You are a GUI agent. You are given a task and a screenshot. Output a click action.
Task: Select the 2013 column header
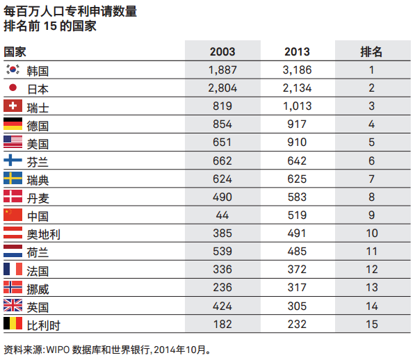(298, 51)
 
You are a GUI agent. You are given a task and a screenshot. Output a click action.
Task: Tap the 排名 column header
(371, 51)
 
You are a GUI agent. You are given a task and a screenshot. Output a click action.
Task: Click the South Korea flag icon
(13, 69)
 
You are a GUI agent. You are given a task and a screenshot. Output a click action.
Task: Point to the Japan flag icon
(13, 88)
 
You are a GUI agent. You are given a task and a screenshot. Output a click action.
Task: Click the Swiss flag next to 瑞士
(13, 106)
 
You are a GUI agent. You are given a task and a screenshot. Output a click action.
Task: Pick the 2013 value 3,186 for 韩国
(298, 69)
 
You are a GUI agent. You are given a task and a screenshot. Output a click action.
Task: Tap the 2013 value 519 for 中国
(298, 215)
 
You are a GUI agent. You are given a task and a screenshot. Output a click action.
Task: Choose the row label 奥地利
(44, 234)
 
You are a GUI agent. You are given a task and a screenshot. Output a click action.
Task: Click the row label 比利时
(44, 325)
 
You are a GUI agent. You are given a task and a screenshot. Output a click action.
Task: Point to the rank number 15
(372, 325)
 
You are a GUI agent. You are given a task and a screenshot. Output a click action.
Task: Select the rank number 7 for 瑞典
(372, 179)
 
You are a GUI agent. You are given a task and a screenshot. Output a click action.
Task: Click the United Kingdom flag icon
(13, 305)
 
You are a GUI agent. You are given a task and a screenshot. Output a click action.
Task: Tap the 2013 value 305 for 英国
(298, 306)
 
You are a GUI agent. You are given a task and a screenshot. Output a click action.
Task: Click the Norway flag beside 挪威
(13, 287)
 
